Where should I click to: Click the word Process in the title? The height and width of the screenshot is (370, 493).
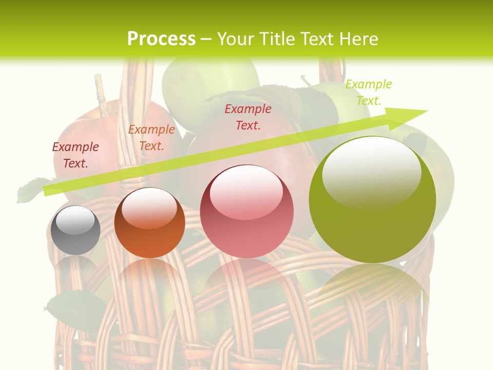pos(161,39)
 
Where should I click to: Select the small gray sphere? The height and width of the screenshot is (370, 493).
pos(75,230)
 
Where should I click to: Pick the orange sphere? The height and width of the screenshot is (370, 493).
pos(149,223)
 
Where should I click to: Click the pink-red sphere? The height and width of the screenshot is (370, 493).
pos(246,212)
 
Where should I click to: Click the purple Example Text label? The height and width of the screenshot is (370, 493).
pos(75,155)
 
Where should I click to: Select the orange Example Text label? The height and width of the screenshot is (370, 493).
pos(151,138)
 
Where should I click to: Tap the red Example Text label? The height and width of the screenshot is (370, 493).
pos(248,117)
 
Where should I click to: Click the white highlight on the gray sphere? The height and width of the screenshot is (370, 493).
pos(75,219)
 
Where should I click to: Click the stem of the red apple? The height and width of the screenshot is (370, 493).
pos(101,95)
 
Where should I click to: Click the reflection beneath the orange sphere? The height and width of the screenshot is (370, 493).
pos(149,280)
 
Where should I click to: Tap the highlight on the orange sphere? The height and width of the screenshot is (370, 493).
pos(149,207)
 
